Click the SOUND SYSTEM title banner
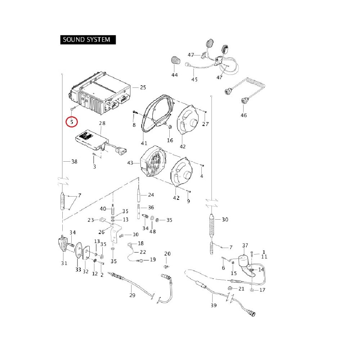[x=88, y=39]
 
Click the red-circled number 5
[x=72, y=122]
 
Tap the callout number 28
[x=102, y=123]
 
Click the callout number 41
[x=144, y=143]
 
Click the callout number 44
[x=174, y=75]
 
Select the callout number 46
[x=244, y=115]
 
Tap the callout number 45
[x=194, y=80]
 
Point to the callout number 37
[x=245, y=246]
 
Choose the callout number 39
[x=213, y=305]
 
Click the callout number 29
[x=132, y=295]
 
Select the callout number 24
[x=151, y=195]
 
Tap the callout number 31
[x=64, y=263]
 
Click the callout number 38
[x=74, y=162]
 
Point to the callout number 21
[x=241, y=289]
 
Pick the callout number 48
[x=153, y=231]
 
